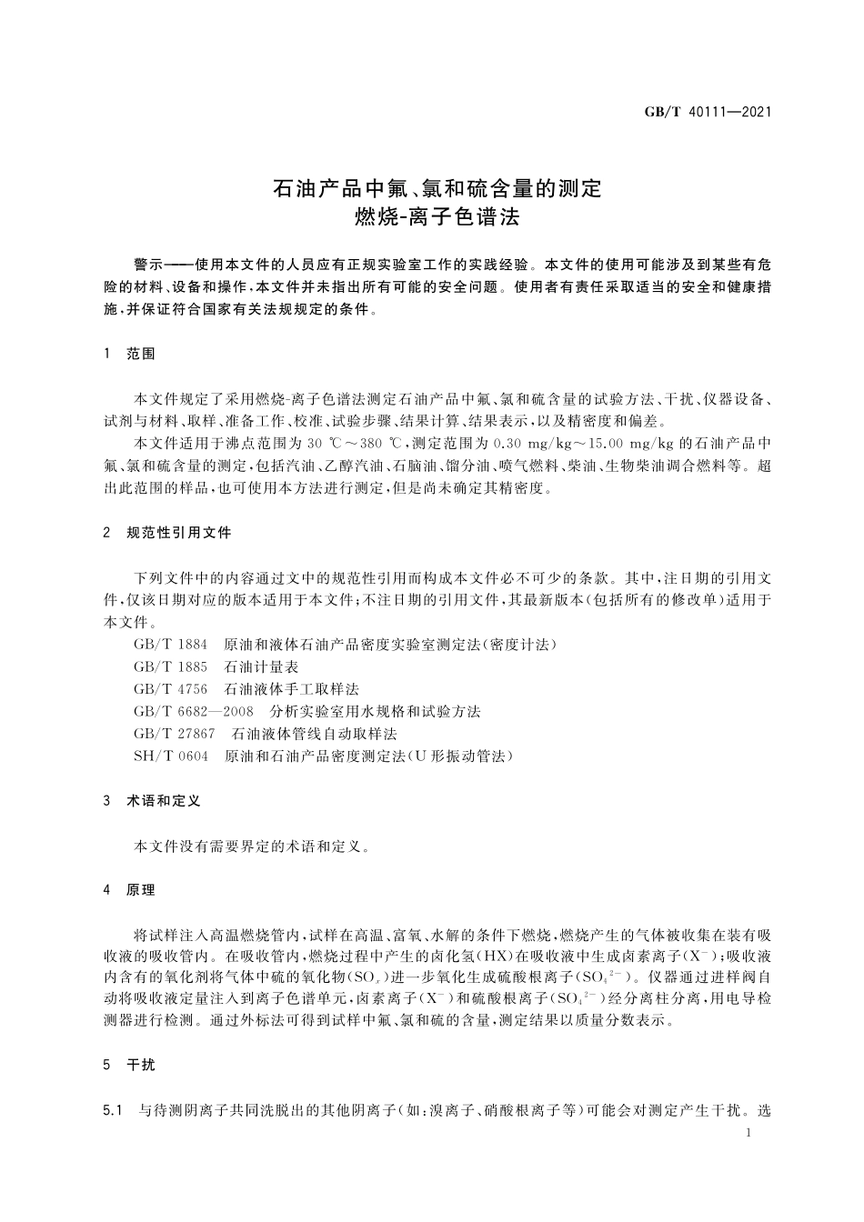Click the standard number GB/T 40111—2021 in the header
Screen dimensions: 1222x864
click(708, 112)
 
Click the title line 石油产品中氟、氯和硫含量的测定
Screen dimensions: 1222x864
click(437, 189)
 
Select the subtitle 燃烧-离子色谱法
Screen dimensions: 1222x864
click(437, 219)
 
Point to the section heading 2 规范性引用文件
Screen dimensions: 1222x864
click(168, 533)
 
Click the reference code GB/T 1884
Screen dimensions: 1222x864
click(170, 645)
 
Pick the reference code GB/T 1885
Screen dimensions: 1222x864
click(170, 666)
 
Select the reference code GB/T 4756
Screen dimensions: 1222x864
click(170, 689)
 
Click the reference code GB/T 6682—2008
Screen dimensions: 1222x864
click(193, 711)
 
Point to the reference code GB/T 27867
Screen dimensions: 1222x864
click(174, 734)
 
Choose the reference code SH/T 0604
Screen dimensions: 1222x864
click(170, 756)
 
